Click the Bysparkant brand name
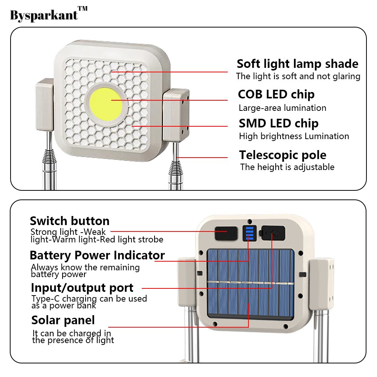(x=44, y=15)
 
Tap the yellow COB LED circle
(x=106, y=104)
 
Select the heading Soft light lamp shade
(x=297, y=64)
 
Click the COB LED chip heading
(x=276, y=94)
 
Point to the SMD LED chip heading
(x=279, y=123)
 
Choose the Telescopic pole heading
(x=283, y=155)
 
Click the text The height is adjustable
(x=287, y=167)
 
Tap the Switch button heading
(x=70, y=221)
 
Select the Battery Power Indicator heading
(x=97, y=255)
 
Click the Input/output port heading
(x=82, y=288)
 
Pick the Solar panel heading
(x=63, y=320)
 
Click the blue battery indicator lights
(x=250, y=233)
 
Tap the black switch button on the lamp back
(x=226, y=233)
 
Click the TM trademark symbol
(x=83, y=8)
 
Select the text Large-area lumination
(x=282, y=108)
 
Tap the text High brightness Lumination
(x=294, y=136)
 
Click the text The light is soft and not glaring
(x=298, y=76)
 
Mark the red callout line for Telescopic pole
(x=202, y=158)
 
